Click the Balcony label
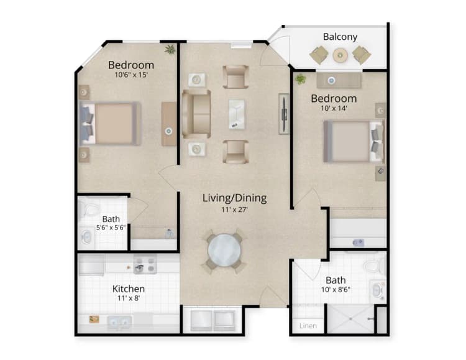340,37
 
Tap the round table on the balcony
340,56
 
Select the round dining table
224,250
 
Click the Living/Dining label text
234,198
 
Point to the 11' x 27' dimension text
234,211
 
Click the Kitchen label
129,289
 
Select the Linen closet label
308,326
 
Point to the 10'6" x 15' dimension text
131,75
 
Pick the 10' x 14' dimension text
334,108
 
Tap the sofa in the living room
196,114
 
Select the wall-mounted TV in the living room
283,114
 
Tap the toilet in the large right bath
372,266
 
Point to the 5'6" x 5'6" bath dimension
111,228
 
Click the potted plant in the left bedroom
169,49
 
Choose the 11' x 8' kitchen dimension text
129,300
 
